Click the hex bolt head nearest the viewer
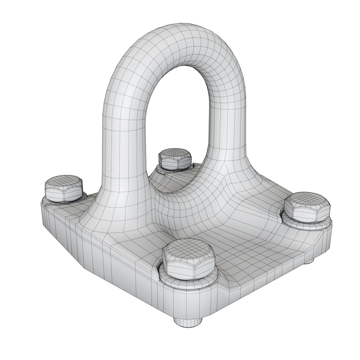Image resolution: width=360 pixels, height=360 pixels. pyautogui.click(x=188, y=258)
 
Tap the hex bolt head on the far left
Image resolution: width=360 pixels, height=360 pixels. pyautogui.click(x=63, y=188)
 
